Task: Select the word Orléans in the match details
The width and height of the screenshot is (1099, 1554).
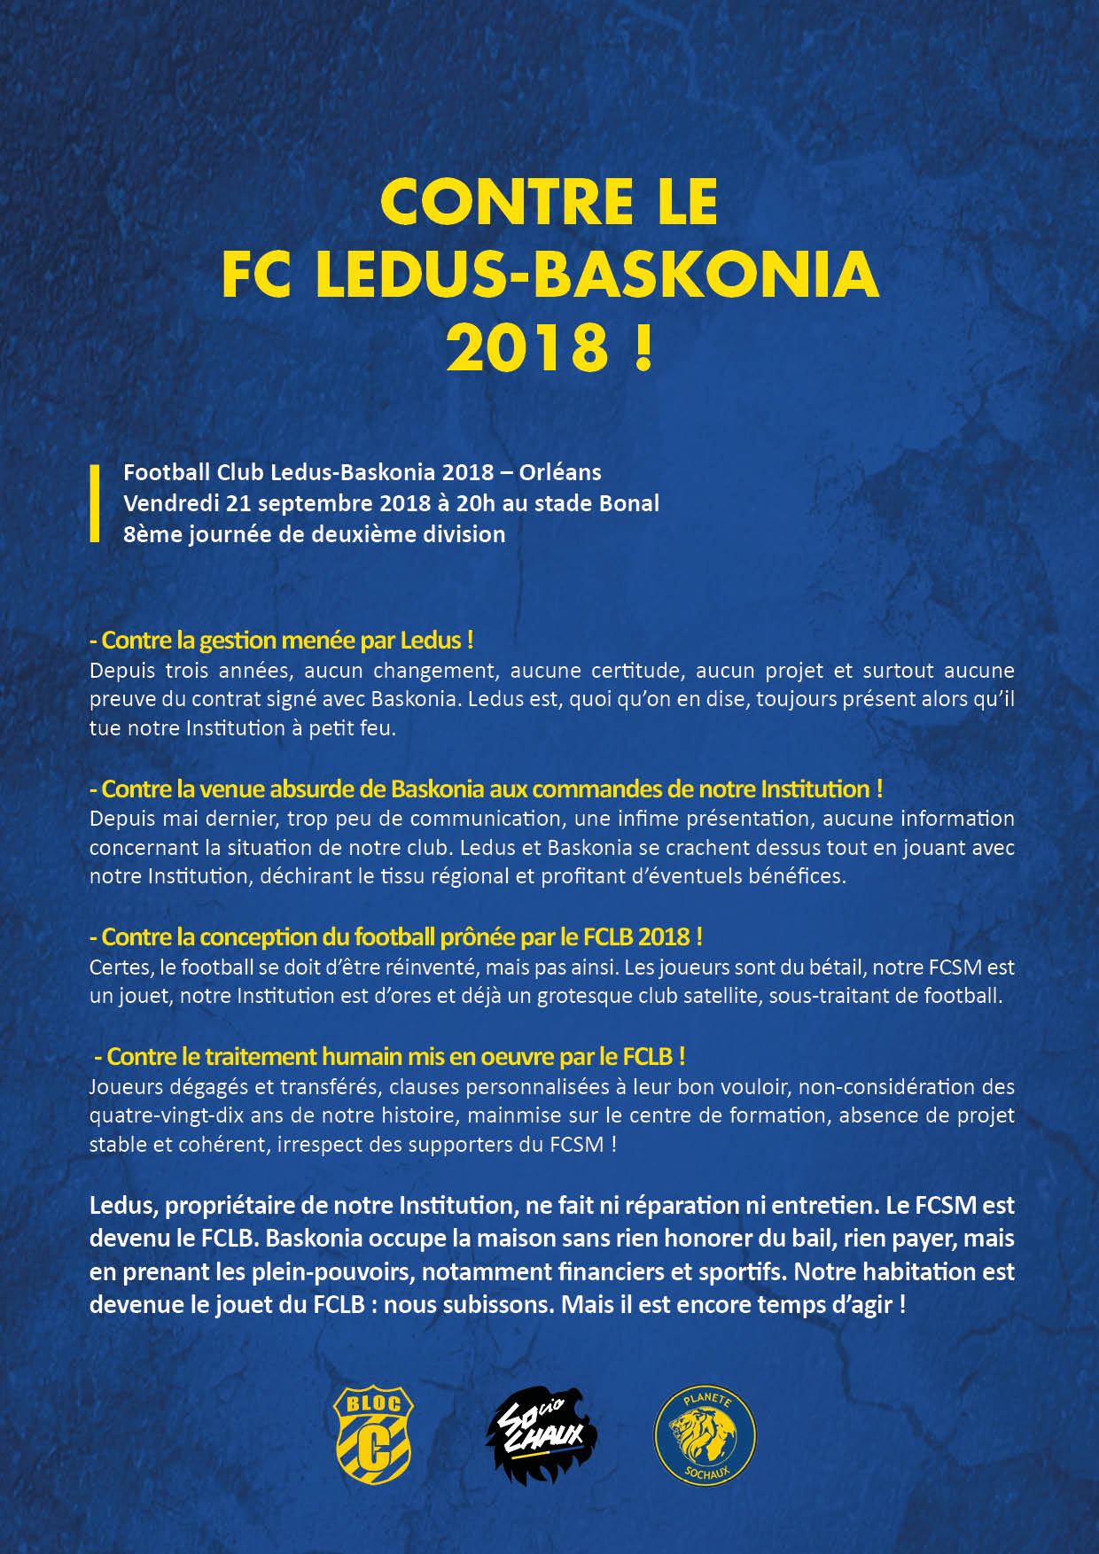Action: (560, 472)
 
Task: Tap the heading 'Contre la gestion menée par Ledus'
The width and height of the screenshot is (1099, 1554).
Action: (282, 640)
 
